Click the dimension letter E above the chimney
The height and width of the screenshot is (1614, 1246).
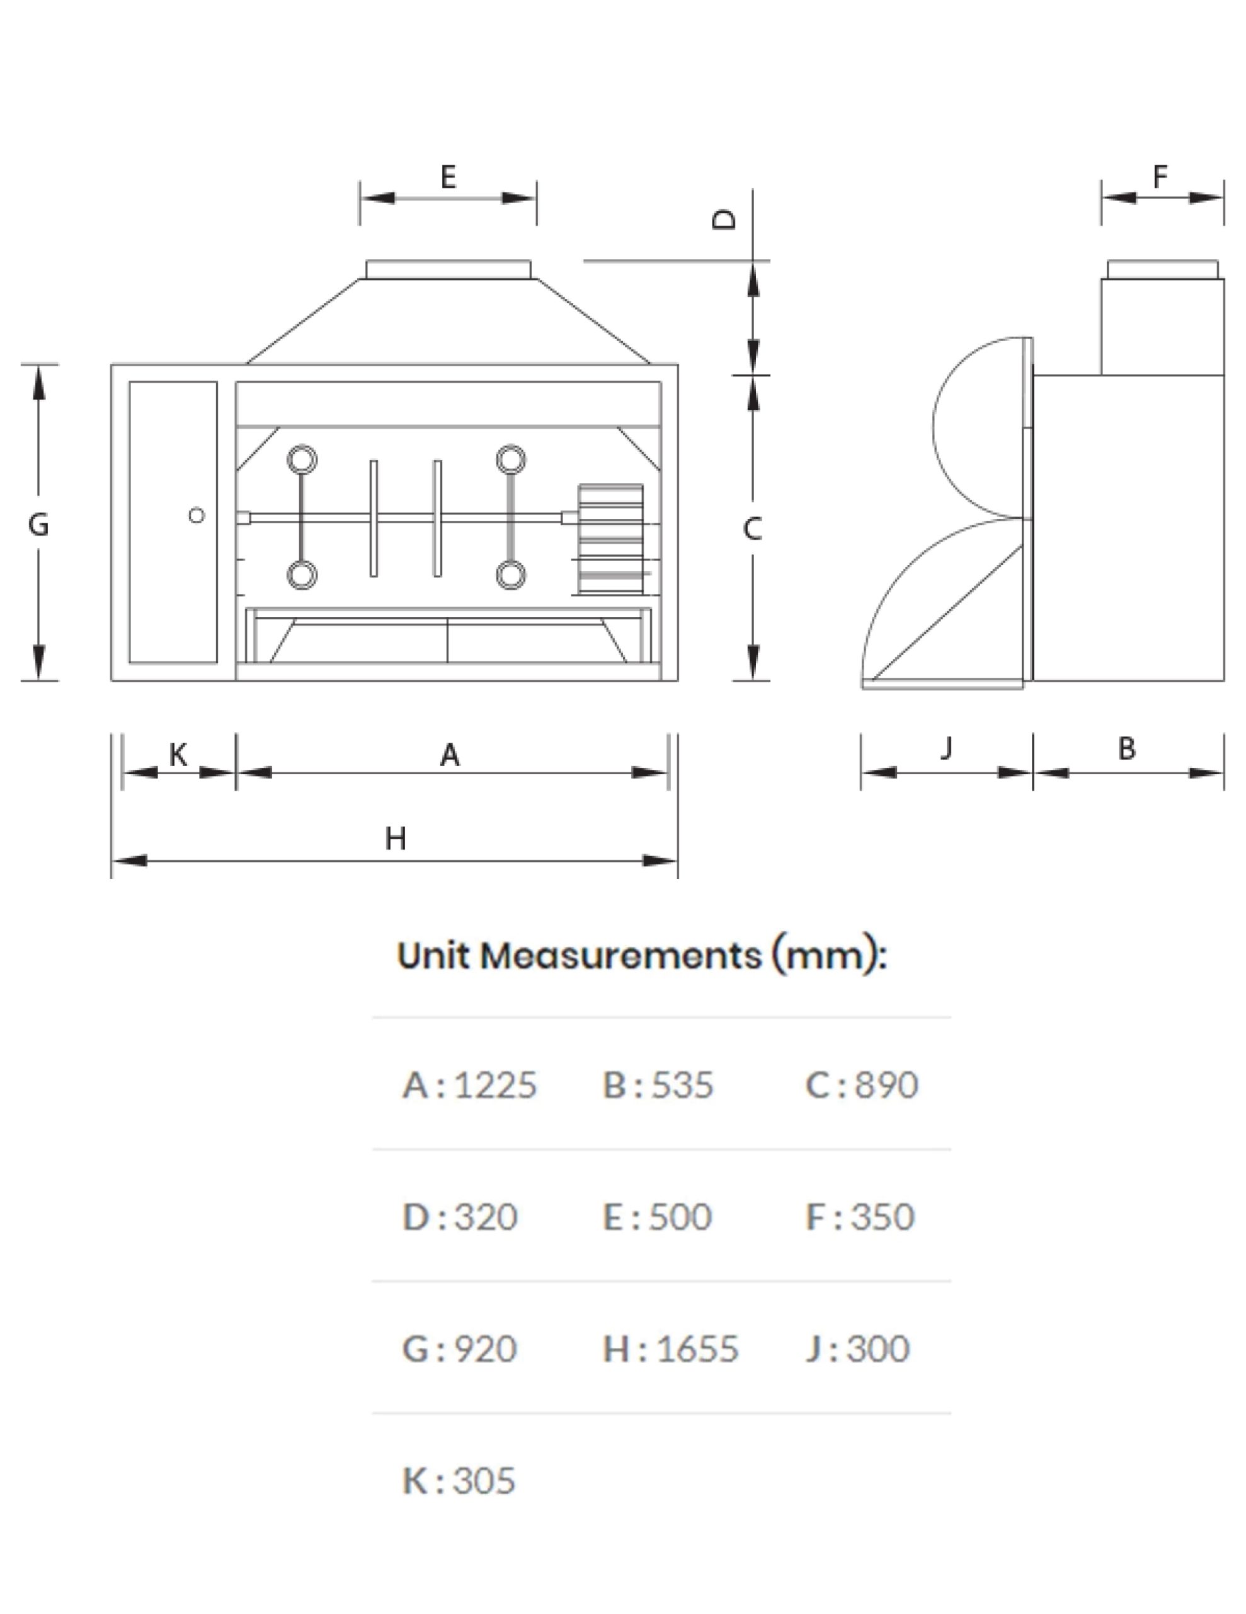coord(448,177)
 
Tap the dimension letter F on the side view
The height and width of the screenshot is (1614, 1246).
coord(1160,177)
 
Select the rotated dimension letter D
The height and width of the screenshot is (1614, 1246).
coord(724,219)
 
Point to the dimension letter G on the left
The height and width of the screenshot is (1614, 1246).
coord(38,525)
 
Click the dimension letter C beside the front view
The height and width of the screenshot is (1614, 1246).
coord(752,528)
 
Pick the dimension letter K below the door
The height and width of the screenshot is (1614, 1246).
coord(178,755)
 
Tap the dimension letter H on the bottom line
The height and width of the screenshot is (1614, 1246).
coord(396,838)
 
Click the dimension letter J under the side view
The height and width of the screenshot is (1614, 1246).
coord(947,748)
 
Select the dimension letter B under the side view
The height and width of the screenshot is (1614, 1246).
coord(1126,748)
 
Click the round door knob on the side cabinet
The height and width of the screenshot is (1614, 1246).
coord(197,515)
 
